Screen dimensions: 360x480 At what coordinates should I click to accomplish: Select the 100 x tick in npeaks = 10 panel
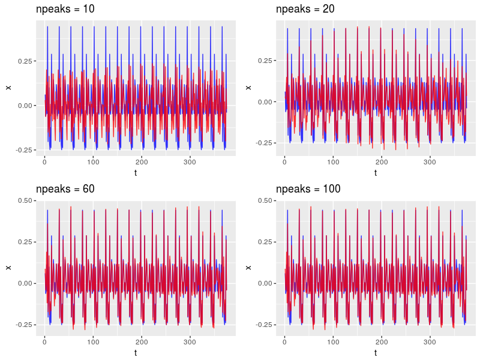[93, 162]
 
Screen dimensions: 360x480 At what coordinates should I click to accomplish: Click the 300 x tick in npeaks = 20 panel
[430, 162]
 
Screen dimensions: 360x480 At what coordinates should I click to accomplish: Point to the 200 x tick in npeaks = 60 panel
[141, 341]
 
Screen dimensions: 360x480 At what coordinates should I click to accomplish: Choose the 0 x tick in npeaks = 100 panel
[284, 341]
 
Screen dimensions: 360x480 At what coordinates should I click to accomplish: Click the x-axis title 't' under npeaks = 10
[136, 173]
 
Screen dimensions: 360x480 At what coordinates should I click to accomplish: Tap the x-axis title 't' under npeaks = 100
[376, 353]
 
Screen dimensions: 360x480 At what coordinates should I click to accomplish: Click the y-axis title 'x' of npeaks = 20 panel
[249, 88]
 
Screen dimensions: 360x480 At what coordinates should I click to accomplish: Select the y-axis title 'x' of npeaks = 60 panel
[8, 267]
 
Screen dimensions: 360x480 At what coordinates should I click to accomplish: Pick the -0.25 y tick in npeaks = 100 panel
[263, 325]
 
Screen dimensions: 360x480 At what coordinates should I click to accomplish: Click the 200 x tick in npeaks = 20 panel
[381, 162]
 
